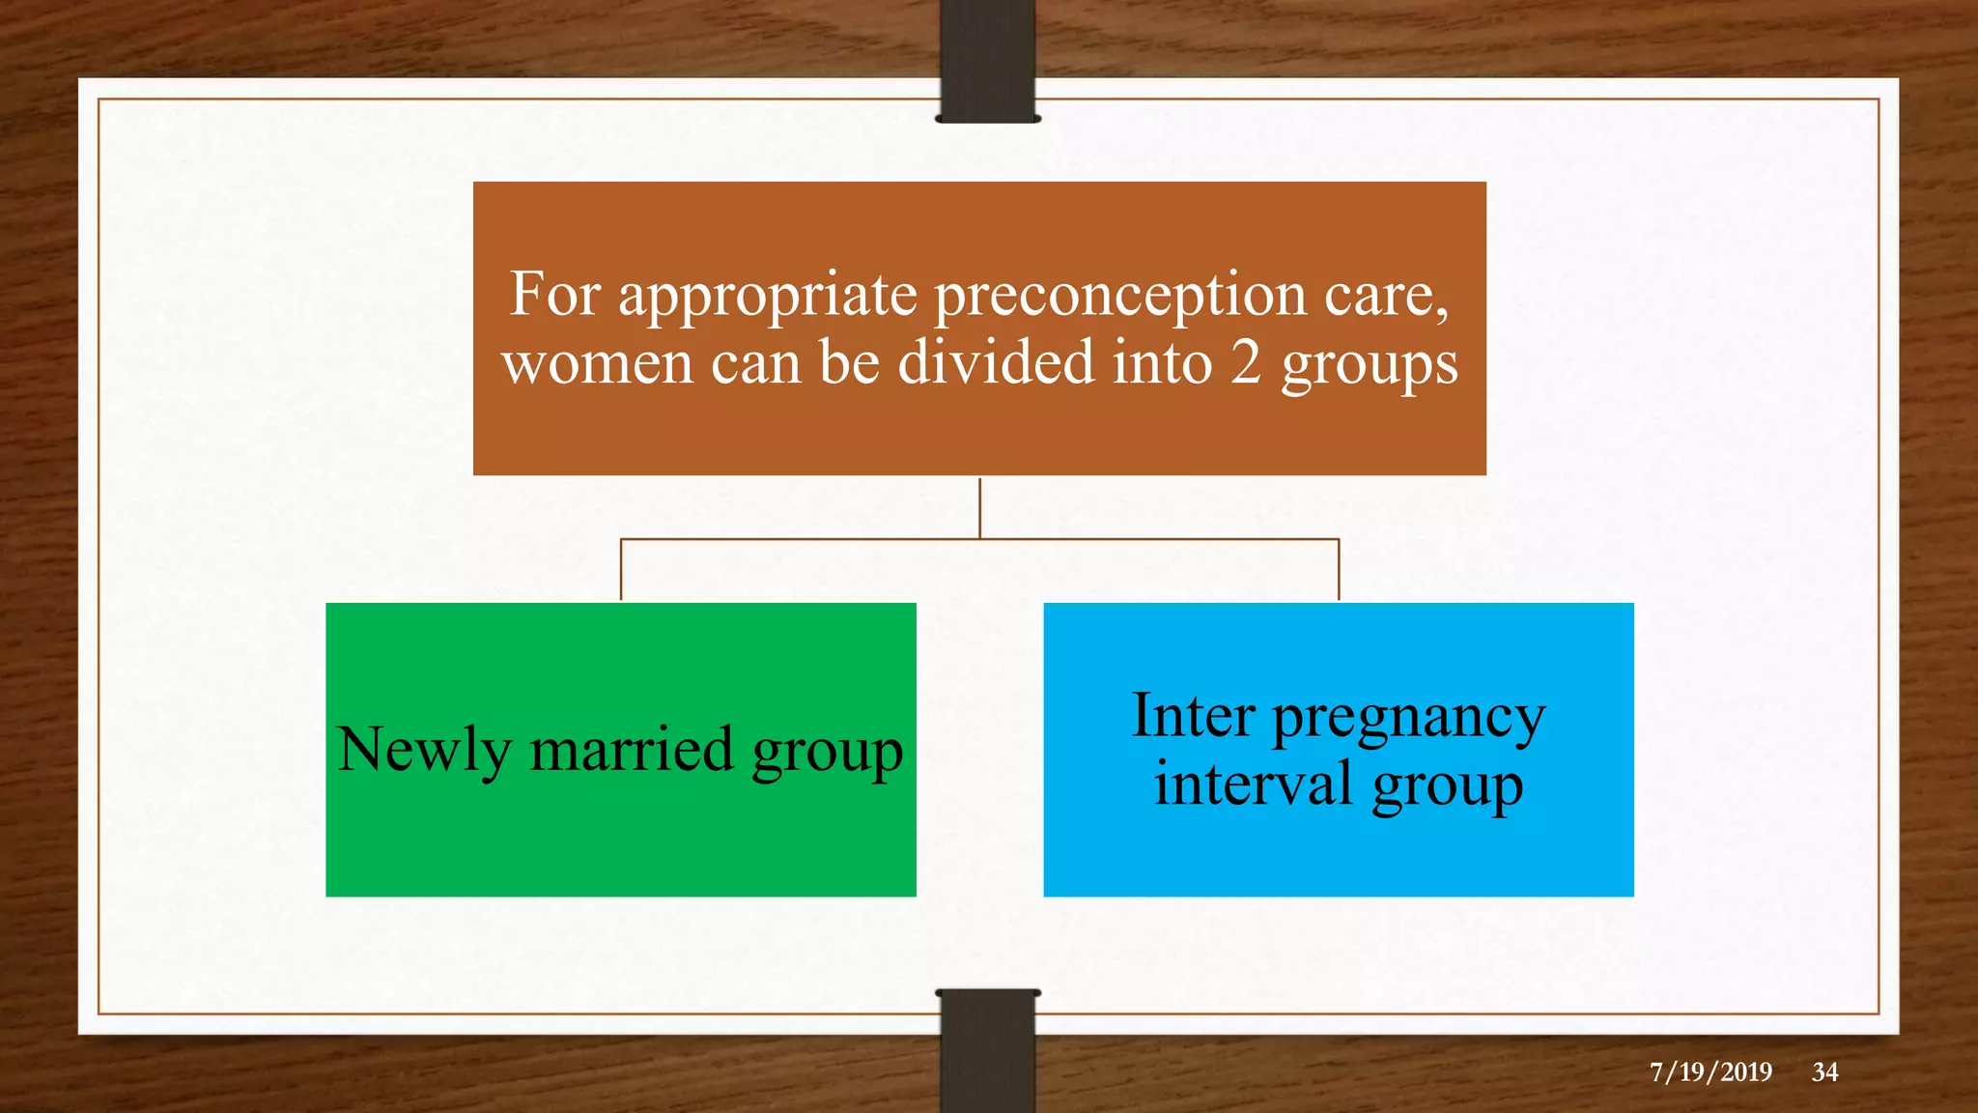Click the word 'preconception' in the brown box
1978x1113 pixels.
(1119, 295)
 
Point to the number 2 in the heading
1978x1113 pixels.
(1246, 363)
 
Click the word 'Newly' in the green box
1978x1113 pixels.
(424, 750)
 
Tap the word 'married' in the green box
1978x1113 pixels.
(632, 750)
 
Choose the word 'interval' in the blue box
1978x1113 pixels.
(1253, 784)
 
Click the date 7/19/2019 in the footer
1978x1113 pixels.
(1710, 1071)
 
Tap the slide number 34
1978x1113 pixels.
(1824, 1071)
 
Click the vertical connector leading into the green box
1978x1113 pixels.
(621, 570)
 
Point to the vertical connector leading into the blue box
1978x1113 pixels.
(1339, 570)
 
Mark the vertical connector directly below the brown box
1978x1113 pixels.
(980, 507)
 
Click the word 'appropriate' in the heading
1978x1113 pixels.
(768, 295)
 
